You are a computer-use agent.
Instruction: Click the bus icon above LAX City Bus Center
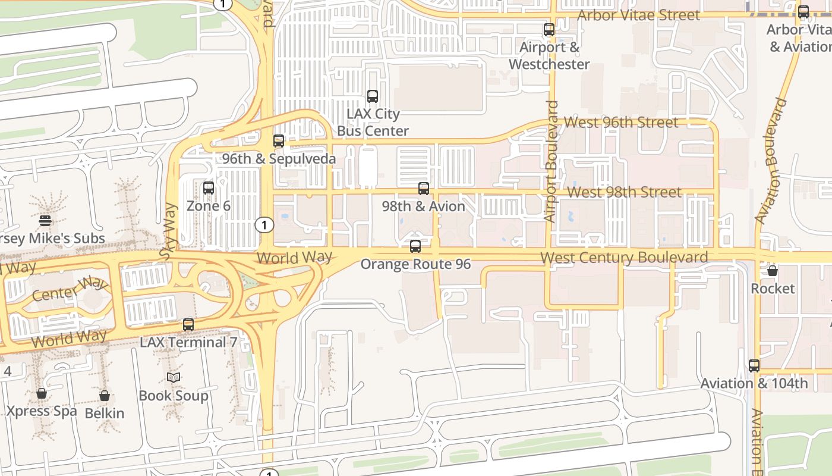click(373, 96)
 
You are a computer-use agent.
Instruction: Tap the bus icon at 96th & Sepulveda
click(278, 141)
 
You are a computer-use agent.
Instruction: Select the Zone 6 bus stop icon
click(209, 188)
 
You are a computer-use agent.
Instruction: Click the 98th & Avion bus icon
click(424, 189)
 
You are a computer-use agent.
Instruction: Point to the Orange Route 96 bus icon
click(415, 246)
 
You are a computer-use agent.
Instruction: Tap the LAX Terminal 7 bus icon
click(188, 325)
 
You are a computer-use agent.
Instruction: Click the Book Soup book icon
click(174, 377)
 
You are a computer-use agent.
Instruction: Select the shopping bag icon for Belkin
click(105, 395)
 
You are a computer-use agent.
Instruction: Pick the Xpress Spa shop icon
click(42, 393)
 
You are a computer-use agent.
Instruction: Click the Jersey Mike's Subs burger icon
click(45, 221)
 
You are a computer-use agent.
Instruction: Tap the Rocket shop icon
click(773, 271)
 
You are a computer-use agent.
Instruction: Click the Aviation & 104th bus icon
click(754, 366)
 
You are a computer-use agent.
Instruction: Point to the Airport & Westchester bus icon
click(549, 29)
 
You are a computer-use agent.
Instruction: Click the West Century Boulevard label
click(624, 258)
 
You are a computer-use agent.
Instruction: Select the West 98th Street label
click(625, 192)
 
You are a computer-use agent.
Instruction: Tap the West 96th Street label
click(620, 123)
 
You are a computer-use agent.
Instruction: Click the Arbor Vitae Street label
click(639, 15)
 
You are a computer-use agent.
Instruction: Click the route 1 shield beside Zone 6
click(264, 225)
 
